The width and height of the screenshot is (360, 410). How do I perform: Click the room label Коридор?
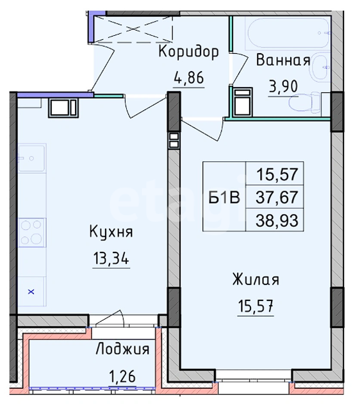(x=188, y=52)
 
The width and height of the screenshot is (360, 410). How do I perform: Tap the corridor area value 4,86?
(x=189, y=78)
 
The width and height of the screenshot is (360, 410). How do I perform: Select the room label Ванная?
(x=283, y=60)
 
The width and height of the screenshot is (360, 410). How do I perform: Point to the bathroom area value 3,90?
(x=283, y=86)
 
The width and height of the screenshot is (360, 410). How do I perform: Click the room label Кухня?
(x=111, y=232)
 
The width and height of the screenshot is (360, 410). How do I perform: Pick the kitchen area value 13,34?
(x=111, y=259)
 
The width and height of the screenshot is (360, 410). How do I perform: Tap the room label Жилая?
(x=256, y=279)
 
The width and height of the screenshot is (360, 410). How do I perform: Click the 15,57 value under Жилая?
(x=256, y=306)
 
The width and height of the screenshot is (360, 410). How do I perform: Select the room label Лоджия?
(x=122, y=348)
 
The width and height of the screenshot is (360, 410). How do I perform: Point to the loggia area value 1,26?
(x=122, y=377)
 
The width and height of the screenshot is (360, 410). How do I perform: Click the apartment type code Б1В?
(x=224, y=197)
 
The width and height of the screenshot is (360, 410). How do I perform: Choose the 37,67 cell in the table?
(x=277, y=197)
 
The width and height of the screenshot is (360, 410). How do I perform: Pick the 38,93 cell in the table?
(x=277, y=220)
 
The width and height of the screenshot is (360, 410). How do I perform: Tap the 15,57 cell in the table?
(x=277, y=174)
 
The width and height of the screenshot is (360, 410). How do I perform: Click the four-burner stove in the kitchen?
(x=31, y=233)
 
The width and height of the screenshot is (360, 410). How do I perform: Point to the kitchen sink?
(x=31, y=158)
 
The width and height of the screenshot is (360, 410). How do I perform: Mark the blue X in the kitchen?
(x=31, y=291)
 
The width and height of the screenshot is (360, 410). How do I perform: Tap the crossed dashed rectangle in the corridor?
(x=133, y=29)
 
